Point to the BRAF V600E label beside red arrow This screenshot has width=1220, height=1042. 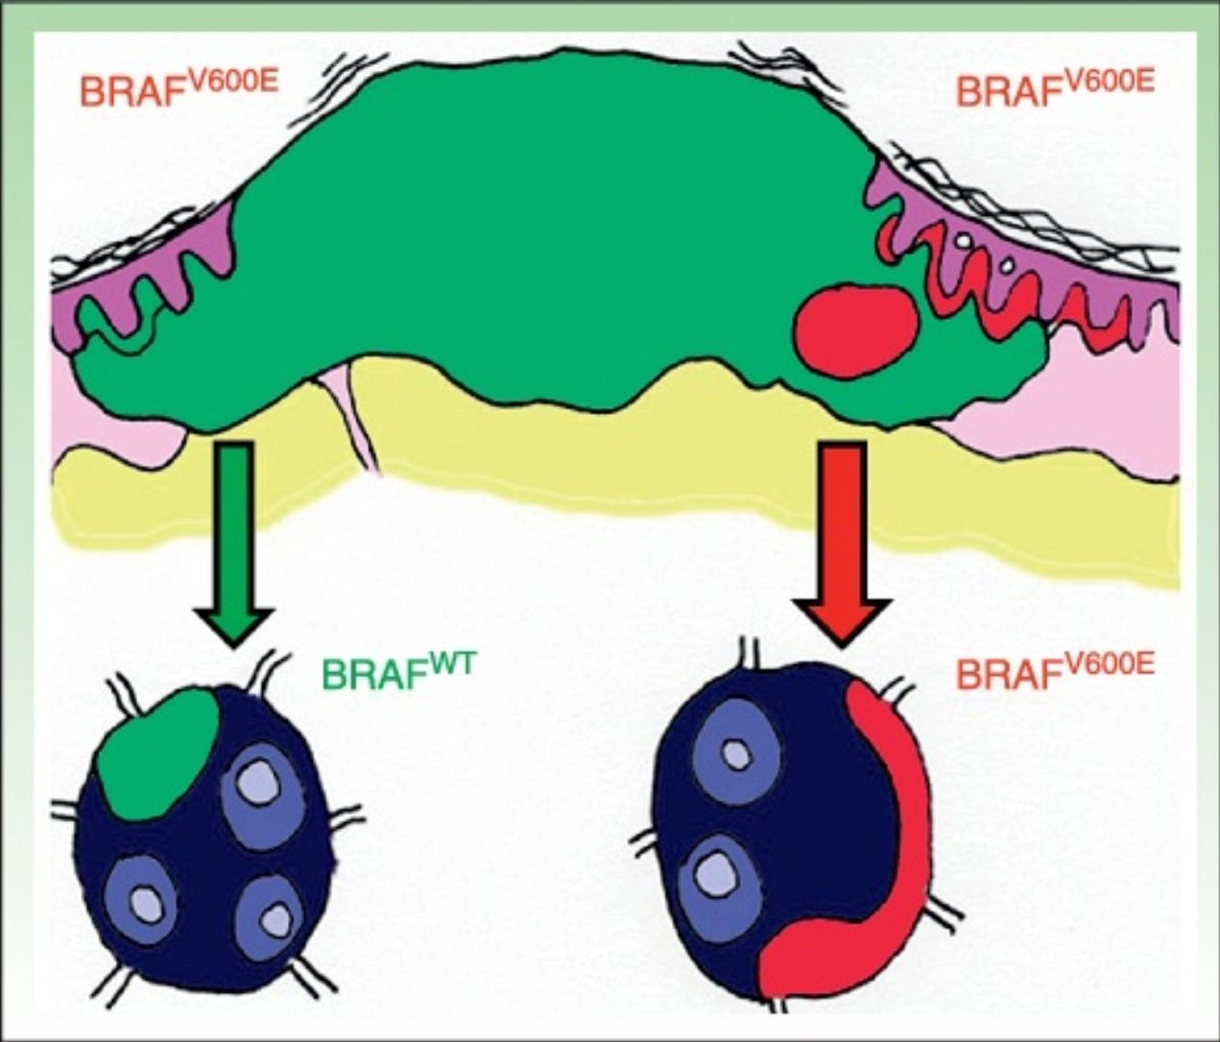point(1055,671)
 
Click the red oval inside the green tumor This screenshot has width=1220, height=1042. point(855,327)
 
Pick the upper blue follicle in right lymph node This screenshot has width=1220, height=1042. point(737,756)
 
